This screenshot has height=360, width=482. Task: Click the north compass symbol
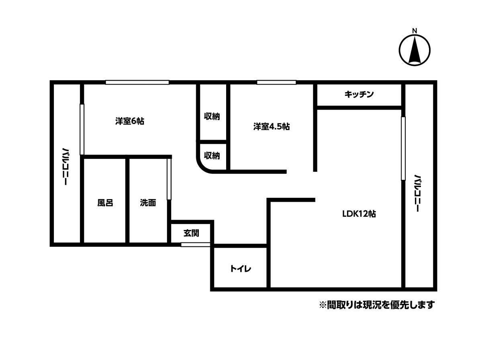[x=415, y=51]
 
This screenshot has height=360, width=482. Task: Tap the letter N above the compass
[x=415, y=31]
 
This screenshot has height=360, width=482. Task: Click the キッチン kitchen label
[x=359, y=94]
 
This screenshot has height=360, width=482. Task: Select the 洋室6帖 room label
[x=130, y=121]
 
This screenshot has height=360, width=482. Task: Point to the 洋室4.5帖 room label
[x=272, y=126]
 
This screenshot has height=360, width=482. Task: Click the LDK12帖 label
[x=359, y=214]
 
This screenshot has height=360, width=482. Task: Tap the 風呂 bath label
[x=105, y=203]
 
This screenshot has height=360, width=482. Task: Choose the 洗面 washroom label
[x=148, y=203]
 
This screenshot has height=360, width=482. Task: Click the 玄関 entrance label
[x=191, y=233]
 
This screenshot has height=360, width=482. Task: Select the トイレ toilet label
[x=241, y=268]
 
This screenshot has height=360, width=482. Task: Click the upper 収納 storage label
[x=212, y=117]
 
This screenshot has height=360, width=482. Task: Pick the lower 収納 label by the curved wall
[x=212, y=155]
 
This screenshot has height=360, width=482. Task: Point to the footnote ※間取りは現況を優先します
[x=377, y=305]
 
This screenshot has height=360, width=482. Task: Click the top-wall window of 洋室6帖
[x=137, y=82]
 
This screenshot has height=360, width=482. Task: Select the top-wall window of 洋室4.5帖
[x=276, y=82]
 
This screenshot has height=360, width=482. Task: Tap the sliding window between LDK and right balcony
[x=403, y=148]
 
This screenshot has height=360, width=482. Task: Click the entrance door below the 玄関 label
[x=196, y=244]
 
